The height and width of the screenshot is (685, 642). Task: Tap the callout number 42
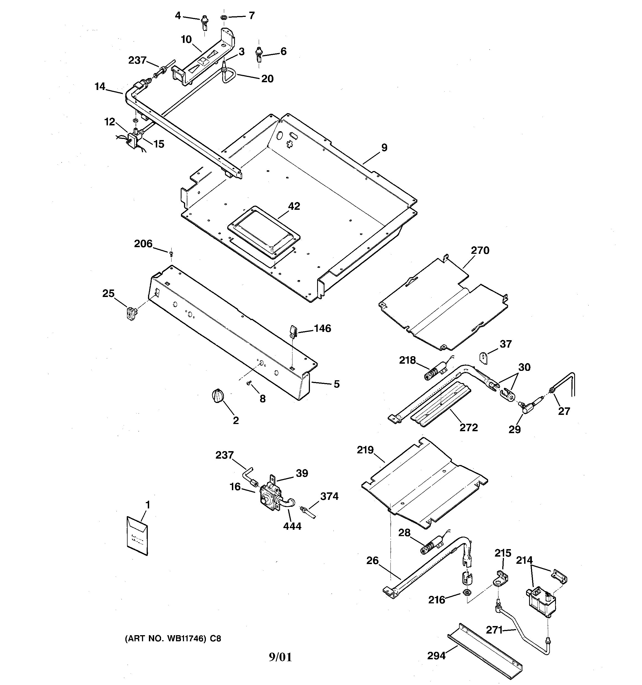pos(294,206)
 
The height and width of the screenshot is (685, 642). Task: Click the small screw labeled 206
pos(171,254)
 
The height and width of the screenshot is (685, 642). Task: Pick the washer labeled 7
pos(224,17)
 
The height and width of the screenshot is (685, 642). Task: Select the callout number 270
pos(480,250)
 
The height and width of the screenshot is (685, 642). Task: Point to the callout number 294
pos(436,656)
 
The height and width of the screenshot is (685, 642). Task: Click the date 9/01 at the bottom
pos(280,657)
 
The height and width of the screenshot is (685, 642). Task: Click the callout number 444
pos(292,526)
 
